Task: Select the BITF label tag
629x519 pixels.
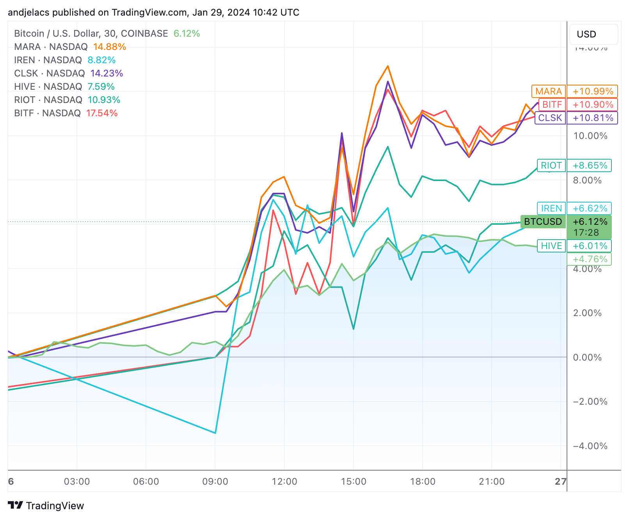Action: point(552,105)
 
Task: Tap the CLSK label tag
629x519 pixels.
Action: point(550,118)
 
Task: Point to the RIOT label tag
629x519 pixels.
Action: point(551,165)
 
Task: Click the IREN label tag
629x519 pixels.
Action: point(551,208)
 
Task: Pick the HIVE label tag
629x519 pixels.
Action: point(551,246)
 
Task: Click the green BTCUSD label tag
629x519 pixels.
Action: point(543,222)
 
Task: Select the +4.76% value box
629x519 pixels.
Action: point(589,259)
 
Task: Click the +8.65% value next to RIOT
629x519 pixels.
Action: point(589,165)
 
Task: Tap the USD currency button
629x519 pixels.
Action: point(593,34)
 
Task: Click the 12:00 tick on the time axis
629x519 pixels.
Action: point(284,482)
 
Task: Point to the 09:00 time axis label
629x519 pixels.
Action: point(215,482)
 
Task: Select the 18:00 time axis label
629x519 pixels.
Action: point(423,482)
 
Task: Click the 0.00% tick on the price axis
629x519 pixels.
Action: point(587,357)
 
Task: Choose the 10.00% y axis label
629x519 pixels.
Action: point(590,136)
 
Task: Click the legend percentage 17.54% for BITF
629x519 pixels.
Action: point(102,113)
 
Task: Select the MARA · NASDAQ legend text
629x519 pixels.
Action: point(51,47)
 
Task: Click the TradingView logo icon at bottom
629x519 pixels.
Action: point(16,506)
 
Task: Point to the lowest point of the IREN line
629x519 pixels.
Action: point(215,433)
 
